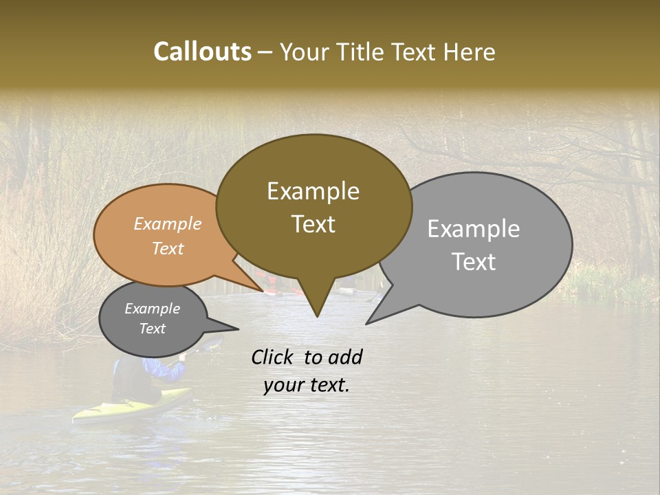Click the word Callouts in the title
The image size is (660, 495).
tap(202, 52)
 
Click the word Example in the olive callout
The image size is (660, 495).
tap(313, 191)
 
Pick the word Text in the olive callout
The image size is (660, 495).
tap(313, 224)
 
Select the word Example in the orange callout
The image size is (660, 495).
tap(167, 223)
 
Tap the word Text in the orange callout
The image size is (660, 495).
tap(167, 248)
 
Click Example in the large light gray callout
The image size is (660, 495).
tap(473, 229)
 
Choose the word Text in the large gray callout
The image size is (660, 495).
tap(473, 262)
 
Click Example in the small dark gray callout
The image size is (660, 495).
tap(152, 309)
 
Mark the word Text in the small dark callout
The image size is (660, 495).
tap(152, 329)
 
